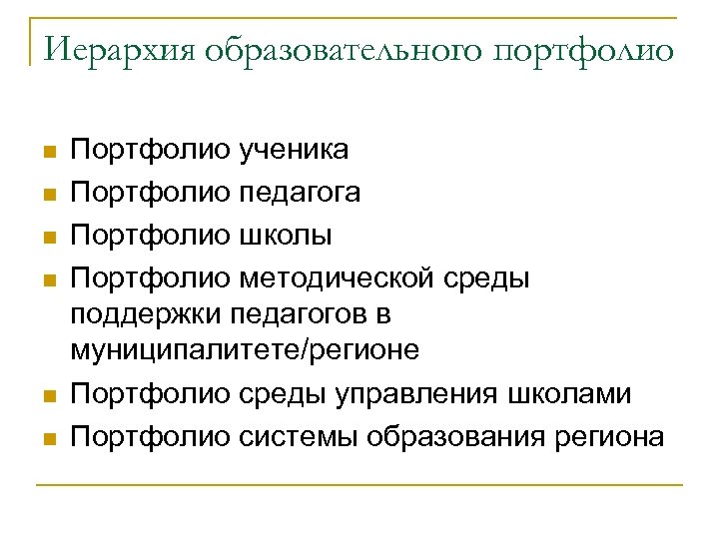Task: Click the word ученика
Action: coord(294,151)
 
